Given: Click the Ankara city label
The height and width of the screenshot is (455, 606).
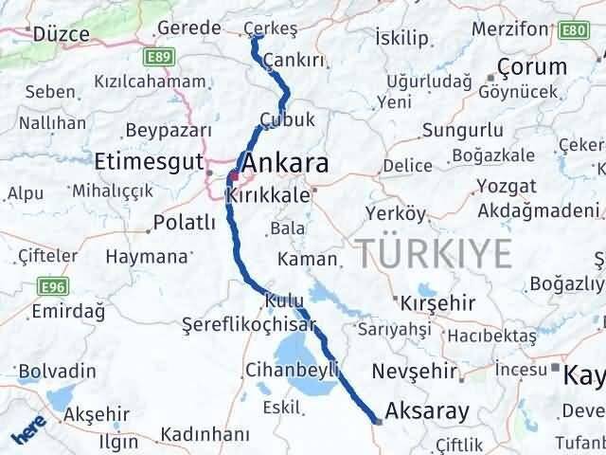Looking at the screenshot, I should (285, 163).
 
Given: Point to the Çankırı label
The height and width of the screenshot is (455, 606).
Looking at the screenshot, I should (294, 60).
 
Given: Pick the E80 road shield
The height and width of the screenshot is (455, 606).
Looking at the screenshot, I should (574, 31).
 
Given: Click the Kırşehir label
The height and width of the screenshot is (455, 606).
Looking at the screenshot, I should (436, 302).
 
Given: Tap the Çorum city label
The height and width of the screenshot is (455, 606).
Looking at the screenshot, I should (533, 67).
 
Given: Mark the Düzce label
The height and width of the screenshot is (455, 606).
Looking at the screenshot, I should (61, 34).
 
